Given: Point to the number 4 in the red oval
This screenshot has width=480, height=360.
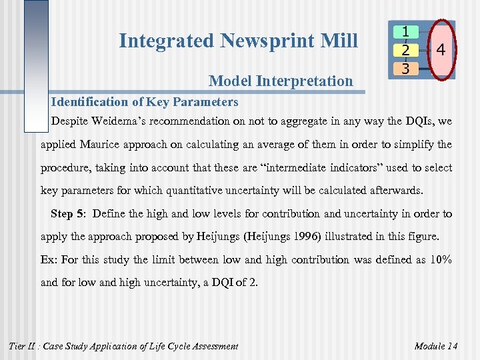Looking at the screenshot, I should [441, 49].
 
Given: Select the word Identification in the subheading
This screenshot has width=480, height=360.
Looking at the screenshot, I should [89, 102].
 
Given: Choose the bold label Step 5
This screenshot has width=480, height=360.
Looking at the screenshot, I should [68, 214].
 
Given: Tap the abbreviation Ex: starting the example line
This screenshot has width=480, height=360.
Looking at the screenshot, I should [50, 259].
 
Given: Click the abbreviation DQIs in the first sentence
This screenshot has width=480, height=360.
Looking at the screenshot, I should [421, 121].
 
